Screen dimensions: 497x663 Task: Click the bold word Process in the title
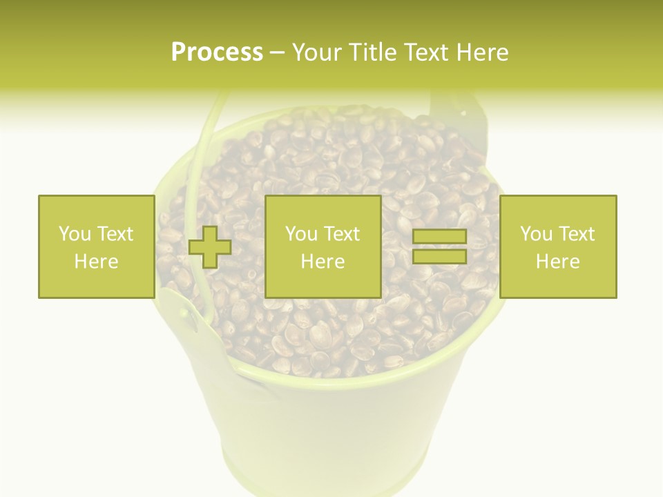[217, 52]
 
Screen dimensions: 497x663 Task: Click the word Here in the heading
[483, 52]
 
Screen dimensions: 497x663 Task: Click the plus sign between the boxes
[210, 246]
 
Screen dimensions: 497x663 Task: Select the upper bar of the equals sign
[439, 237]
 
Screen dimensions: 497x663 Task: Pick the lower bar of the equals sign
[439, 256]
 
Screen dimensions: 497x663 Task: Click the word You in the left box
[74, 234]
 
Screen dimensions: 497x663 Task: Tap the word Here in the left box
[96, 262]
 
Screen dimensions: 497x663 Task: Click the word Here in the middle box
[323, 262]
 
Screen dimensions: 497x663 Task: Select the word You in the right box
[535, 234]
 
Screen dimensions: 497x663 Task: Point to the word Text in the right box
[577, 234]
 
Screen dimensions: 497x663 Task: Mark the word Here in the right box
[557, 262]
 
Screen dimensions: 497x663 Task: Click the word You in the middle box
[300, 234]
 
